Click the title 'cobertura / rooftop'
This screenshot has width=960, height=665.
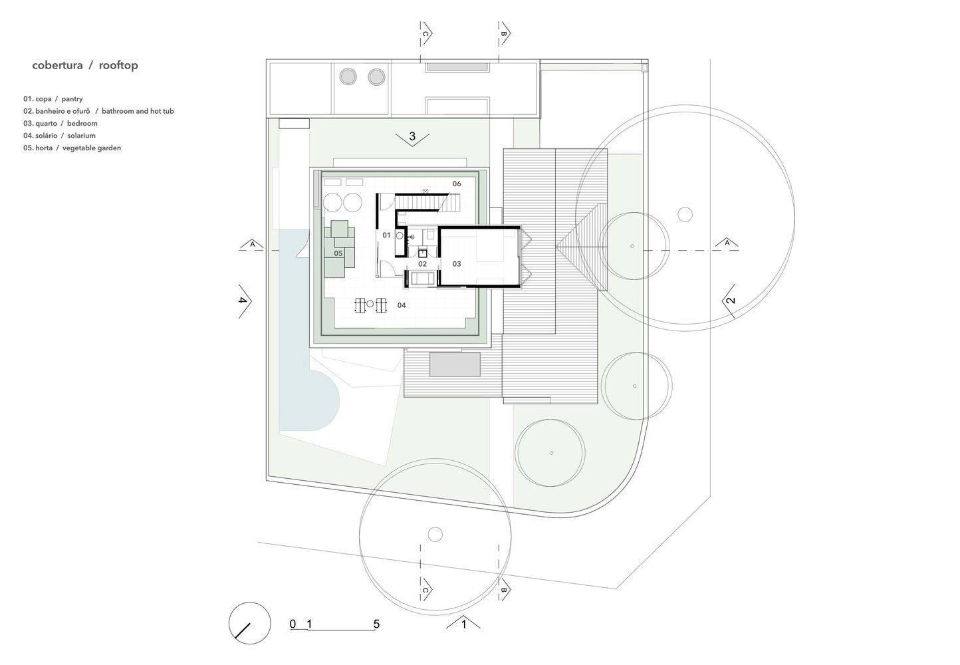click(85, 65)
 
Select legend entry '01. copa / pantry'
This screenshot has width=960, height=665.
click(53, 99)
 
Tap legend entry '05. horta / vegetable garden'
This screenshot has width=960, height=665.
click(72, 148)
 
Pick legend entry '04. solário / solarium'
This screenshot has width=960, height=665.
click(59, 136)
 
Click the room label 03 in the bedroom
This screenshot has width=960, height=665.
click(457, 264)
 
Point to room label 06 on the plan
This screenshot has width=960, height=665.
click(457, 184)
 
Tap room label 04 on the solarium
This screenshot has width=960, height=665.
click(401, 305)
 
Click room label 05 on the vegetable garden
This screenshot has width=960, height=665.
click(338, 253)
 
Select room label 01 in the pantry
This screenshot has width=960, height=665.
click(386, 235)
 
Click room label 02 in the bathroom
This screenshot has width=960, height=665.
click(422, 264)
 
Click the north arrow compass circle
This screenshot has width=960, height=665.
click(250, 623)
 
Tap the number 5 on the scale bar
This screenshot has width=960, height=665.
click(376, 624)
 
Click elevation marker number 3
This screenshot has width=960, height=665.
click(412, 136)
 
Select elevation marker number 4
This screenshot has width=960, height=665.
click(243, 301)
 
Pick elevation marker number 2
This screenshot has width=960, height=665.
click(731, 300)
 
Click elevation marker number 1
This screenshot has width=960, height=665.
click(463, 624)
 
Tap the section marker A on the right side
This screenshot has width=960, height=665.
click(727, 243)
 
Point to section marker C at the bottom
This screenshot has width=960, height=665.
click(425, 590)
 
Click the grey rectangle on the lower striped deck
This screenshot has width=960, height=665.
click(455, 364)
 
